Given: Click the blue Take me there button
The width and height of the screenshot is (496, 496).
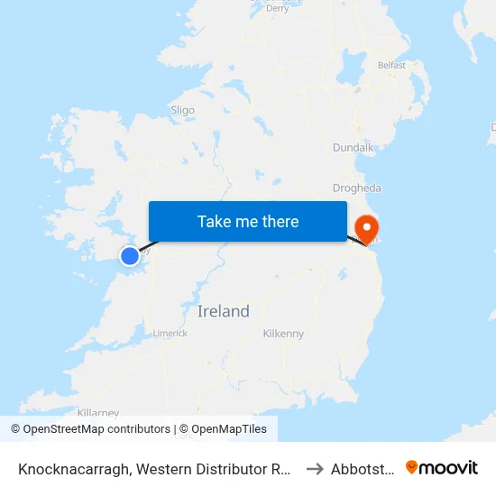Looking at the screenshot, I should coord(248,221).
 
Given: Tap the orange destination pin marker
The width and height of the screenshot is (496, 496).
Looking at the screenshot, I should coord(368,227).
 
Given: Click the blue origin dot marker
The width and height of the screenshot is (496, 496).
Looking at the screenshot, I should coord(130,256).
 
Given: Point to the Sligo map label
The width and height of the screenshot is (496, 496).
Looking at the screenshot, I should coord(182,110).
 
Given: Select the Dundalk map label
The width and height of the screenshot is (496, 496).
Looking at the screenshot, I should coord(352,146).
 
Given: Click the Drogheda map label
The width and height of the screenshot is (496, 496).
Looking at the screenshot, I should coord(357,188).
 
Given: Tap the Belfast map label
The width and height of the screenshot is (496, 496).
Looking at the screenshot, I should coord(391,65).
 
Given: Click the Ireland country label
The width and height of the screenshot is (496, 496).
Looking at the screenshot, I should coord(224,311).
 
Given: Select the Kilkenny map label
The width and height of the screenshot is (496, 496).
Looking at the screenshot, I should coord(283,334).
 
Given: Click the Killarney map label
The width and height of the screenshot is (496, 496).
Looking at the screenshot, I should coord(98,412).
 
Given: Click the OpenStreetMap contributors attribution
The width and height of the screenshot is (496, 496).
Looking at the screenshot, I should coord(90,429).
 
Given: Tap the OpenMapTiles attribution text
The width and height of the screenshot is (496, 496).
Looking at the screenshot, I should coord(223,429).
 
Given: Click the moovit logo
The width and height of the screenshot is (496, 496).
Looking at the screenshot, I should coord(442,467).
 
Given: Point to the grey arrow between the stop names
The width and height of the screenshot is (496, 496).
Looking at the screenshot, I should coord(315,468).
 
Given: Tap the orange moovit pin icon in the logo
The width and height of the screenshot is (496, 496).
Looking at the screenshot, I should coord(412,467).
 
